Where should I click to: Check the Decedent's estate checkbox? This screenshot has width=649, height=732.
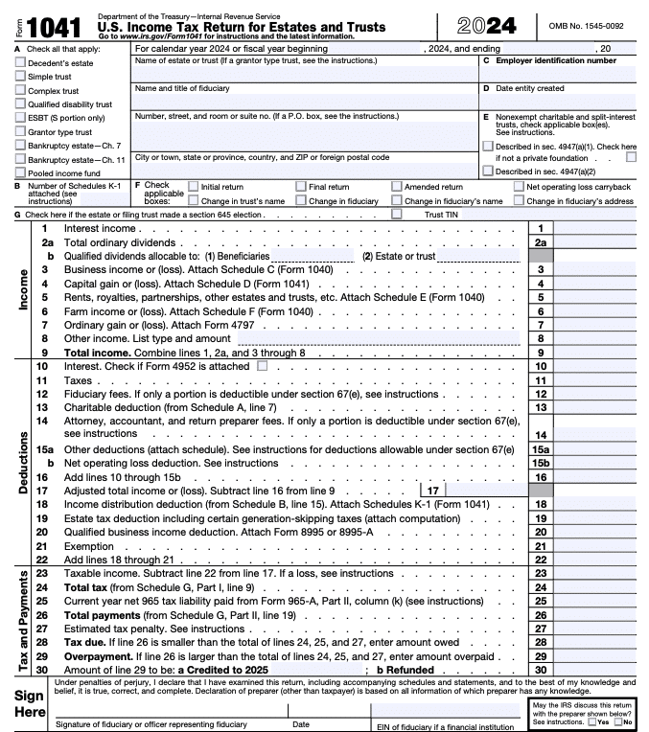[x=21, y=61]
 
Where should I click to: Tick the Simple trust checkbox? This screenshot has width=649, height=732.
[x=21, y=76]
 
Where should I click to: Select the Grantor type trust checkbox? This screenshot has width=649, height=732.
[x=21, y=131]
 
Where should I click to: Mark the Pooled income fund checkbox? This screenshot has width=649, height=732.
[x=21, y=172]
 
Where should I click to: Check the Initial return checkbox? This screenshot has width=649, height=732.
[x=195, y=187]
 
